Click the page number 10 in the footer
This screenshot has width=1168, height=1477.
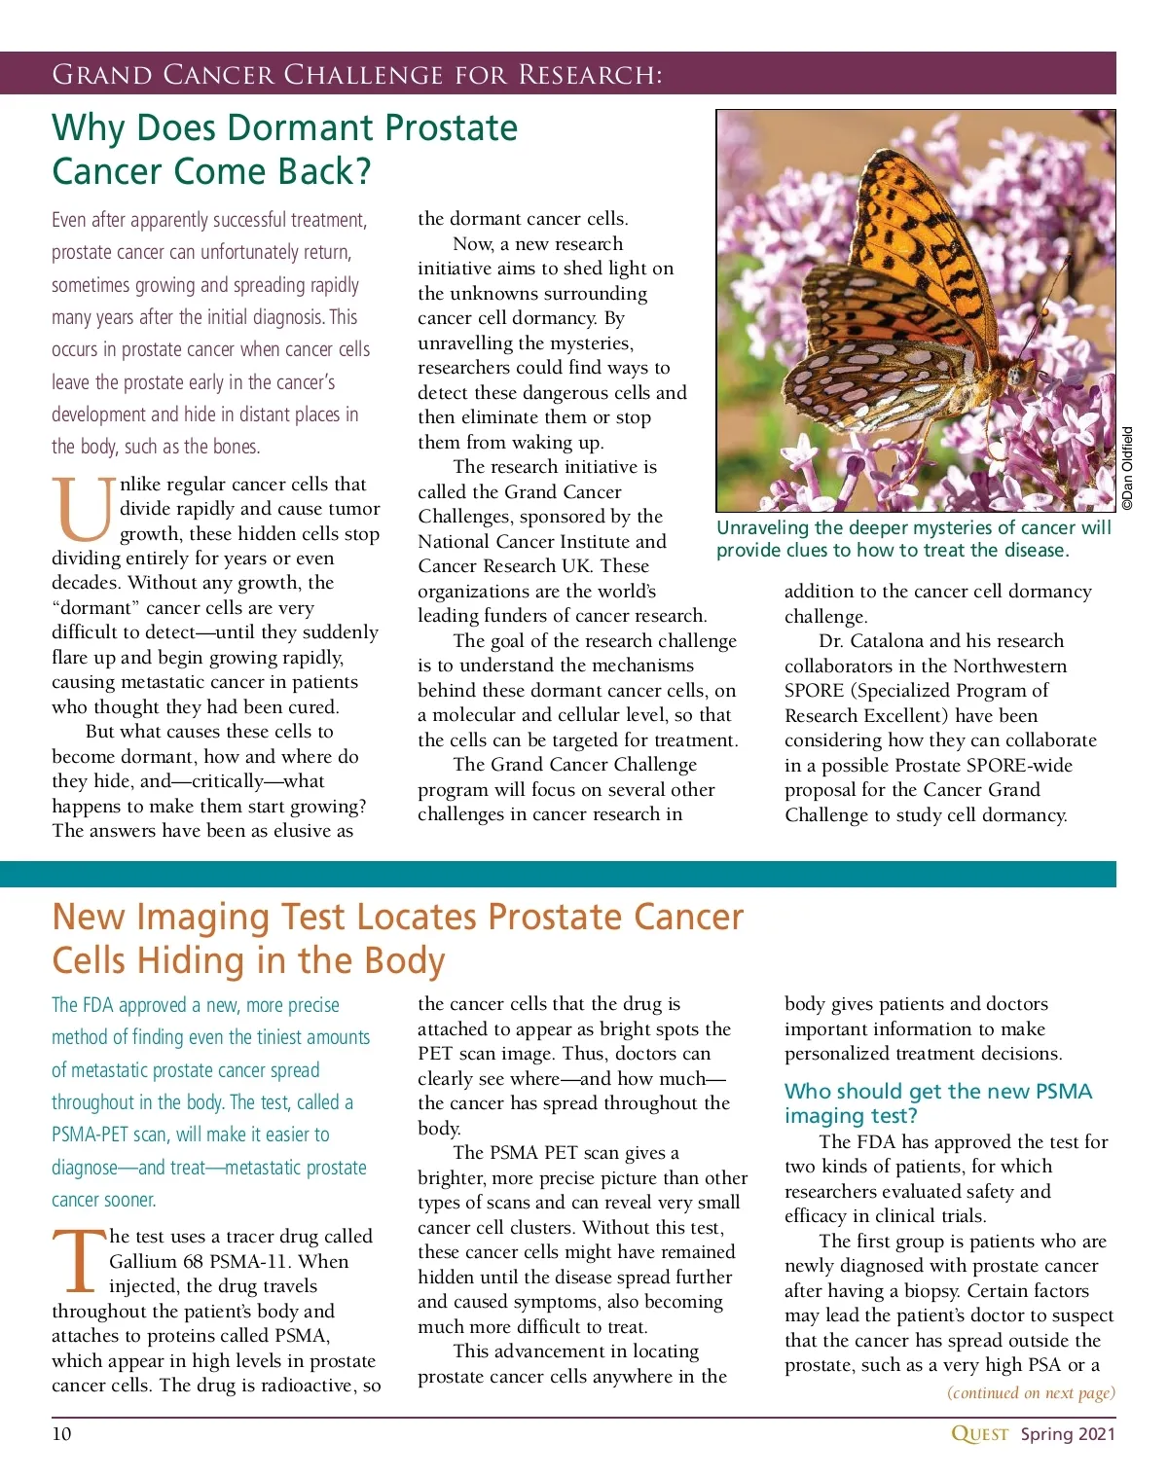pyautogui.click(x=61, y=1433)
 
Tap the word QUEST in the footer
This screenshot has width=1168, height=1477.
pyautogui.click(x=979, y=1433)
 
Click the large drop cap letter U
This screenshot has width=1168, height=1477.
pyautogui.click(x=84, y=509)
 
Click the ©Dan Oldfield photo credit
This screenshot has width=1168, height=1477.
pyautogui.click(x=1127, y=468)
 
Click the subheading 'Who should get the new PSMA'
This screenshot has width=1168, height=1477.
pyautogui.click(x=937, y=1092)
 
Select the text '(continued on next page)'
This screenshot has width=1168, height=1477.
pyautogui.click(x=1031, y=1392)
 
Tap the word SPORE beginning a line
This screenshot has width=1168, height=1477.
pyautogui.click(x=814, y=691)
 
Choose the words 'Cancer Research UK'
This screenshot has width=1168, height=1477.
pyautogui.click(x=505, y=566)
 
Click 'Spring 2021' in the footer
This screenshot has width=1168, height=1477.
pyautogui.click(x=1068, y=1433)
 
